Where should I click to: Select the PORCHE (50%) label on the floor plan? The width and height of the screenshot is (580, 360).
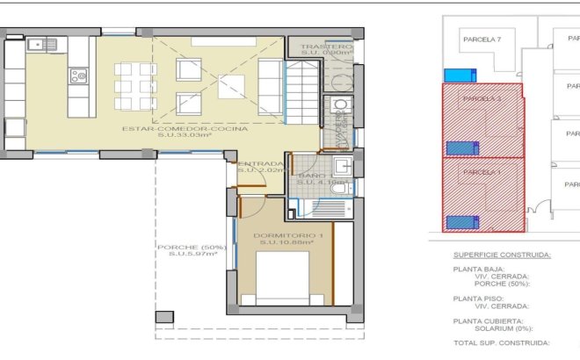192,247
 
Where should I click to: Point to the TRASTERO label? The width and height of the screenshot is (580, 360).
325,46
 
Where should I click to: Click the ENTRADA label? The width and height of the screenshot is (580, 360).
262,163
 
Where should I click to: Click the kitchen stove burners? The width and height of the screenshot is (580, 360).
79,76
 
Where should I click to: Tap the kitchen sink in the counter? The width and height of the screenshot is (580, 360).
39,44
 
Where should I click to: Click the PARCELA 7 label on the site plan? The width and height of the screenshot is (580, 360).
482,40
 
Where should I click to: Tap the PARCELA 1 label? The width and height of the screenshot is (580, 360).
481,171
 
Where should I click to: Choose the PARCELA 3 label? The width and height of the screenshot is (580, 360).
482,99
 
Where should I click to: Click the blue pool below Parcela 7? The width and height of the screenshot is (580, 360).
460,75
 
